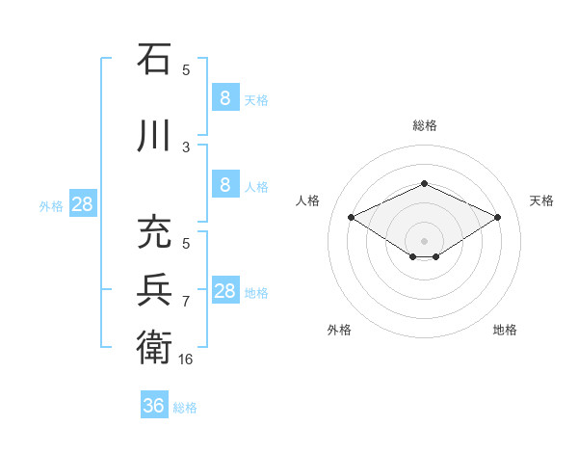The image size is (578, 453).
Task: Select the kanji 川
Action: [x=154, y=136]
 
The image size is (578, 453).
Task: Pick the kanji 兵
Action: [x=154, y=289]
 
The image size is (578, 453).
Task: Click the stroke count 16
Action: [x=187, y=360]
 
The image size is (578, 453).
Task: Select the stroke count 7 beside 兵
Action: [x=186, y=301]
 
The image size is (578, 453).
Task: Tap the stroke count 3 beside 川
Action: [x=186, y=147]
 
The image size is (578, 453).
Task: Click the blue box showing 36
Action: [x=154, y=406]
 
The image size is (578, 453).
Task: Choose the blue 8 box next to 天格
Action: [x=224, y=97]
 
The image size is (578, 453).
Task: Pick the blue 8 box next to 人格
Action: [x=224, y=185]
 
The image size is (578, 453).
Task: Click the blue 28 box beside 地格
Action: [x=224, y=291]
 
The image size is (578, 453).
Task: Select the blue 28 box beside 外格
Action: [x=82, y=204]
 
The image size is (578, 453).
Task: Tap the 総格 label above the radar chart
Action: [x=424, y=125]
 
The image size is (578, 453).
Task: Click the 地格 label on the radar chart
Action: [x=505, y=330]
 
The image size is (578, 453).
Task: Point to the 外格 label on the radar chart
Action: [x=339, y=330]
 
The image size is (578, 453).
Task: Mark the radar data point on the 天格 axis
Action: [x=498, y=218]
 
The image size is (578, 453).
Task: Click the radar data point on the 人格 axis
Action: [x=351, y=218]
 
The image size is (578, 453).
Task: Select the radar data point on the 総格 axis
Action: [x=424, y=183]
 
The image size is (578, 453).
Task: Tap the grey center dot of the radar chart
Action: [x=424, y=240]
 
